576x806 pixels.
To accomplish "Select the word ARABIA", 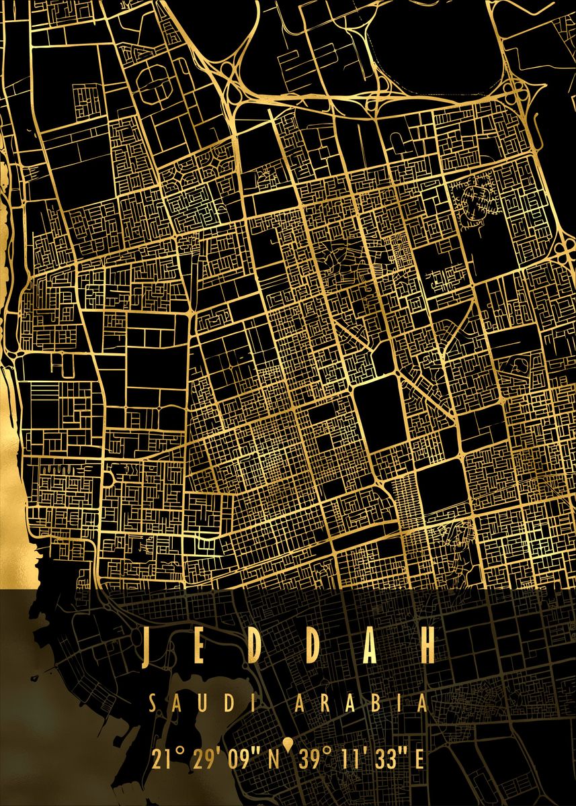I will [361, 704].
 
